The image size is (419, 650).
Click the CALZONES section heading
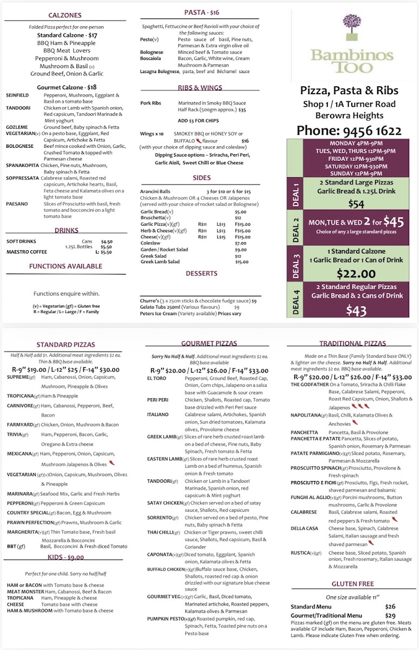tap(65, 16)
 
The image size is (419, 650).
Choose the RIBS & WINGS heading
tap(199, 87)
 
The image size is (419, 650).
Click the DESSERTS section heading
tap(201, 274)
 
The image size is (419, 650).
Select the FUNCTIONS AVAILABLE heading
tap(66, 266)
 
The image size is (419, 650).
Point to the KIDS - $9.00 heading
tap(65, 557)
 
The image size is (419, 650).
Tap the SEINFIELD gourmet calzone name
tap(17, 95)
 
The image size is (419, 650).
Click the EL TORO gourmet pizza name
tap(156, 378)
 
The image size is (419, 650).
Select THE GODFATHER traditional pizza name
tap(310, 384)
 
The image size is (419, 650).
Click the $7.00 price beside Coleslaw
tap(240, 243)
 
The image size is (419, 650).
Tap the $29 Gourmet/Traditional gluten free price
tap(390, 615)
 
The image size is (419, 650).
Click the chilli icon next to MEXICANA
tap(112, 463)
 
